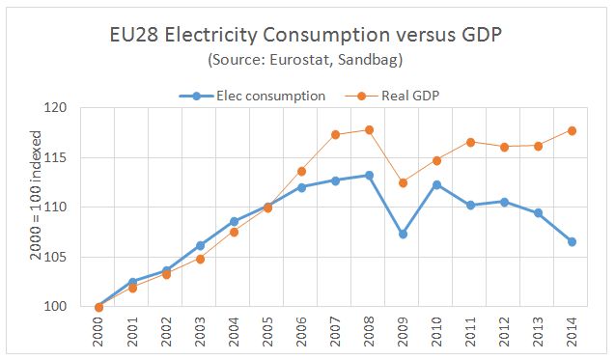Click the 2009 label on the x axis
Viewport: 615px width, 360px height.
[403, 333]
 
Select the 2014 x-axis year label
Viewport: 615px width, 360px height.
[572, 333]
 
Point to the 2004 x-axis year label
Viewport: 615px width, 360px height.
[234, 333]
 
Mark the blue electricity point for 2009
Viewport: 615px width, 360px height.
[403, 234]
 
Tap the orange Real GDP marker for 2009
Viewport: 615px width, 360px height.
[403, 182]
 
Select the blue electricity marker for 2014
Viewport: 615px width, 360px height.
[572, 241]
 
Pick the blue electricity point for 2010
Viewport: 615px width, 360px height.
[436, 184]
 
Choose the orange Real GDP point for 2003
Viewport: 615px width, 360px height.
[200, 259]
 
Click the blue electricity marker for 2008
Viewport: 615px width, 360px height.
[369, 176]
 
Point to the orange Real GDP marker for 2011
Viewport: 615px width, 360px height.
[470, 142]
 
